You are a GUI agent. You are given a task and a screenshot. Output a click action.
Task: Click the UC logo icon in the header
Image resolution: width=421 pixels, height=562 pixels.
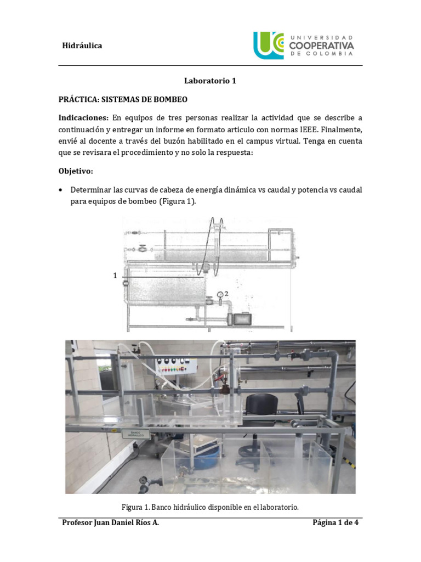(268, 45)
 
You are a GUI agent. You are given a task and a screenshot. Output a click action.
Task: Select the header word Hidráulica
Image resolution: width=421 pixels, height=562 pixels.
(82, 46)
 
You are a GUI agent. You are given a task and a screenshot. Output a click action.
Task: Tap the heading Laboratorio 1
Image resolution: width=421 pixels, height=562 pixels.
(210, 81)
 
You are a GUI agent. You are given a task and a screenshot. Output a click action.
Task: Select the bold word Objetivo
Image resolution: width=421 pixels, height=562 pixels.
(76, 171)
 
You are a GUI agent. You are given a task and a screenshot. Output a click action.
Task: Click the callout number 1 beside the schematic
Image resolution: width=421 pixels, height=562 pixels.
(115, 276)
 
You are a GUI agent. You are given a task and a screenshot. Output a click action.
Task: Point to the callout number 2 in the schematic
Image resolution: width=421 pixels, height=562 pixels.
(225, 294)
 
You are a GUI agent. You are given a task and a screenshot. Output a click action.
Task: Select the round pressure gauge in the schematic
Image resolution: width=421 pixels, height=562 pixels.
(220, 295)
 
